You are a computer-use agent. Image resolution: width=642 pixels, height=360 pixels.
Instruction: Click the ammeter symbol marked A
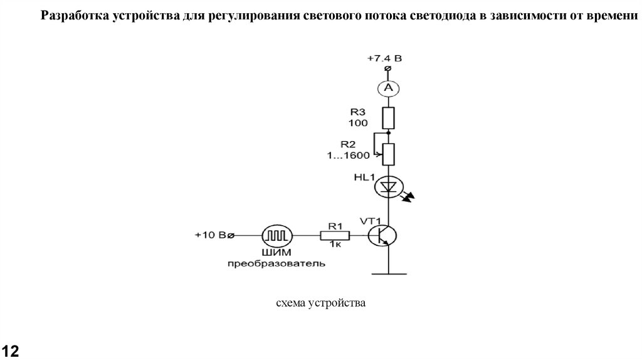[x=388, y=89]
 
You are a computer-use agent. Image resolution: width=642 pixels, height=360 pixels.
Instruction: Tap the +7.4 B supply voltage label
[x=384, y=58]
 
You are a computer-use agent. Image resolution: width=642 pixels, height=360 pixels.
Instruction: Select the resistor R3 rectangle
[x=388, y=117]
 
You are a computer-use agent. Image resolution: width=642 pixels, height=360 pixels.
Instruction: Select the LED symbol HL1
[x=388, y=186]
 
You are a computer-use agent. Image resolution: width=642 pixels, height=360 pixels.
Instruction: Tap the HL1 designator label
[x=362, y=177]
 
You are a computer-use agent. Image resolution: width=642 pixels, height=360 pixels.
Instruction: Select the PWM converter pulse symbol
[x=276, y=236]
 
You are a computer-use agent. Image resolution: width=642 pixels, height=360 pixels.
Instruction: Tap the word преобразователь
[x=276, y=263]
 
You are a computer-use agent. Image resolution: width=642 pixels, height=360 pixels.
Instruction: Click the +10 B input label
[x=213, y=236]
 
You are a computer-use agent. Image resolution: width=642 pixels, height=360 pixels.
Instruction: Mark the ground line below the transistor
[x=388, y=273]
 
